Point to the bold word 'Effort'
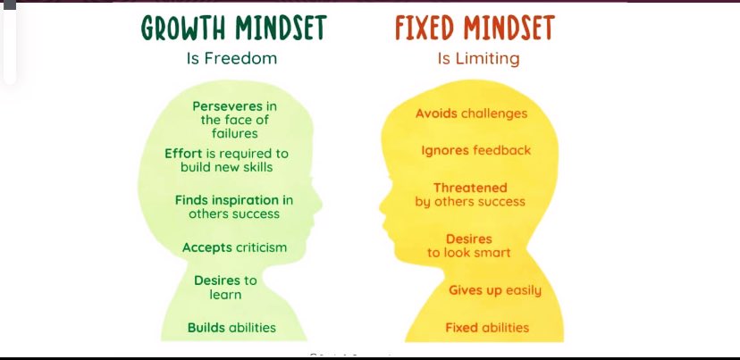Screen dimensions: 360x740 tap(183, 154)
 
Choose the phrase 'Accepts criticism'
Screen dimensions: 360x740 tap(234, 247)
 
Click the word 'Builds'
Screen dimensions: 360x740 tap(206, 327)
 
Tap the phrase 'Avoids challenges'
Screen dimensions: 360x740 tap(471, 113)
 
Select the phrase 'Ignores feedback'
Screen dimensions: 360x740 tap(476, 150)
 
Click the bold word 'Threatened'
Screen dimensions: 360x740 tap(470, 188)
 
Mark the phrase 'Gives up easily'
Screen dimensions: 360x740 tap(495, 290)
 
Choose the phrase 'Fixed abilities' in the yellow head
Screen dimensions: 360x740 tap(487, 327)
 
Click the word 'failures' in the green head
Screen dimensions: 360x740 tap(235, 133)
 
